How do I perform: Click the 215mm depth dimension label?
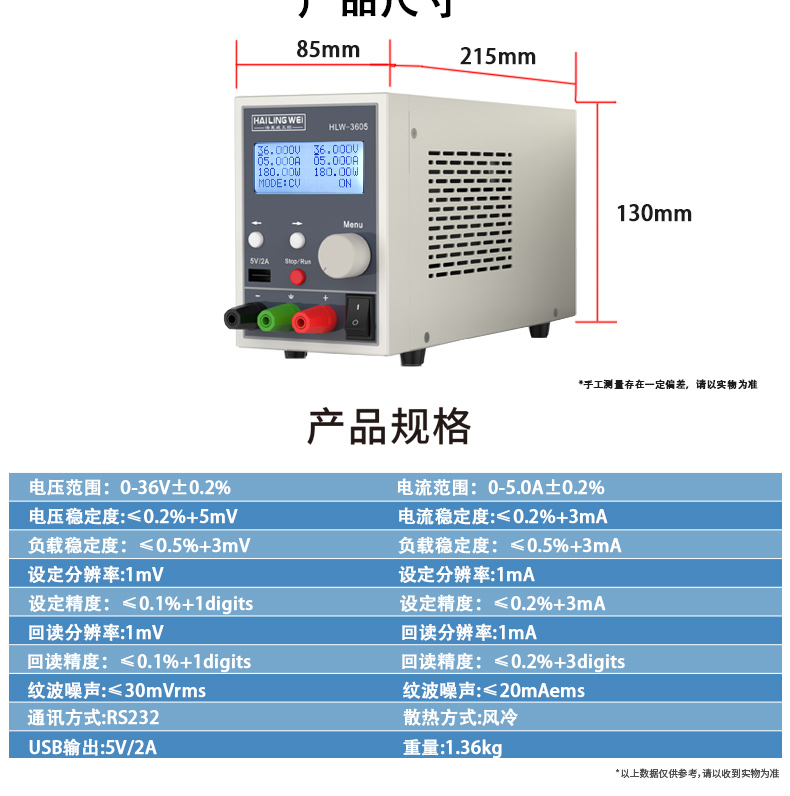tap(498, 56)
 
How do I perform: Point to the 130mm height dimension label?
tap(653, 213)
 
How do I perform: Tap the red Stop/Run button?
tap(297, 278)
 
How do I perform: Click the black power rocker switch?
tap(358, 315)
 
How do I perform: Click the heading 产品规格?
tap(388, 427)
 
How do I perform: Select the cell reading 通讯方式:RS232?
tap(95, 718)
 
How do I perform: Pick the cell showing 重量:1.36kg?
tap(452, 747)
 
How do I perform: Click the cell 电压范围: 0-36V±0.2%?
tap(131, 488)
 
